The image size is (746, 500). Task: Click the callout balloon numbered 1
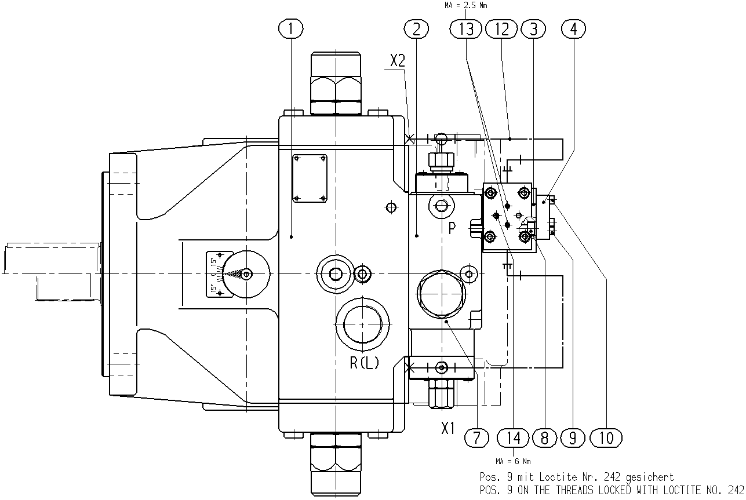[x=291, y=28]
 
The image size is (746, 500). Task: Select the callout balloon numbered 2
[x=416, y=28]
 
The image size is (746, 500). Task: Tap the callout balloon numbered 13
[x=466, y=28]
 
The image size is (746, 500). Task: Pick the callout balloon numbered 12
[x=502, y=28]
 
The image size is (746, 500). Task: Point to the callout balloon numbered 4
[x=573, y=28]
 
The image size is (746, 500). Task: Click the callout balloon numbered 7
[x=476, y=437]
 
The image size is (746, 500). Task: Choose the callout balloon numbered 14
[x=513, y=437]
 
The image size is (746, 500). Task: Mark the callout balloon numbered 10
[x=606, y=437]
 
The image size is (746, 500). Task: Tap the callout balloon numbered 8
[x=544, y=437]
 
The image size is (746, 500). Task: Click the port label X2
[x=398, y=61]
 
